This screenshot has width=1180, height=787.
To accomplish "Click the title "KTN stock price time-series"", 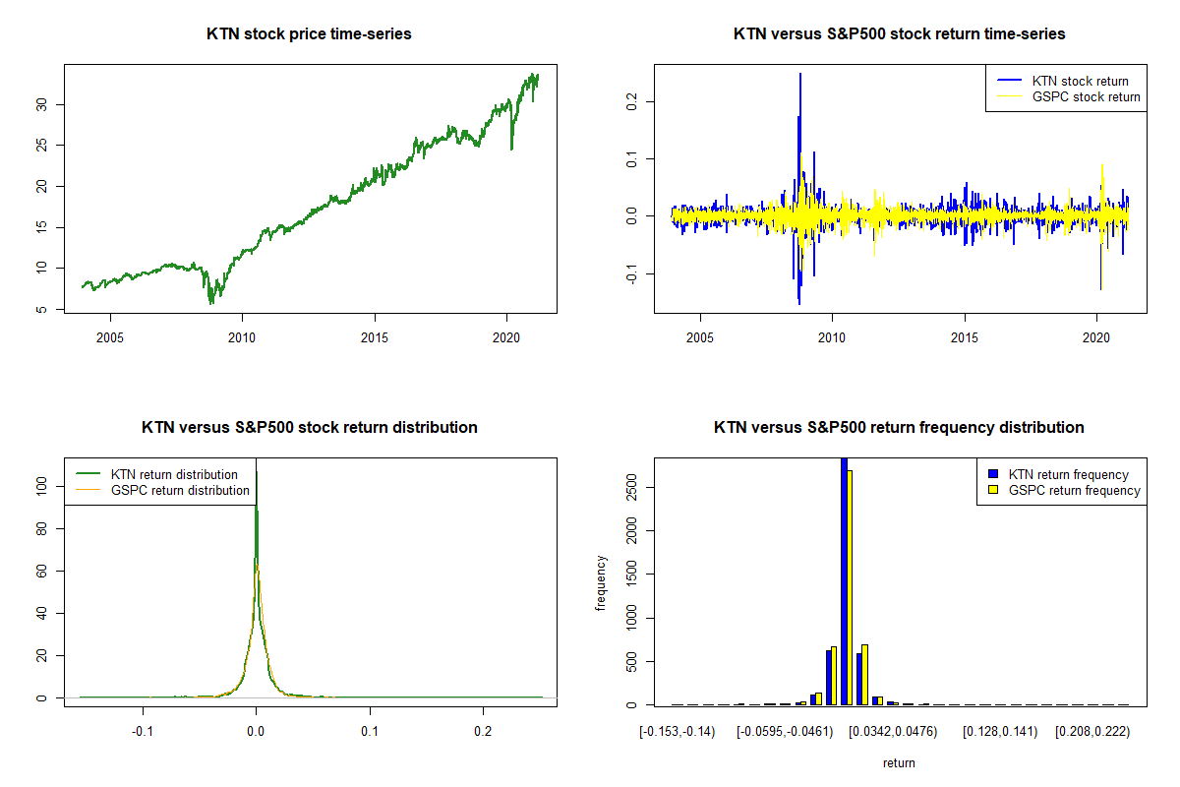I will click(x=309, y=34).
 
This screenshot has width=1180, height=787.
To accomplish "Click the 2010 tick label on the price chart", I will click(x=242, y=337).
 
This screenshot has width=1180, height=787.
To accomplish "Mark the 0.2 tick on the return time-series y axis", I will click(x=630, y=101).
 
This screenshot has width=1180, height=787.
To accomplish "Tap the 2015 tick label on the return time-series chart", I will click(x=965, y=337).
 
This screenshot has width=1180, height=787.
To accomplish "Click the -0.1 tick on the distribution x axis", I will click(x=144, y=732).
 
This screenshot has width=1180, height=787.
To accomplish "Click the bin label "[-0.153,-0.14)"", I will click(x=677, y=732).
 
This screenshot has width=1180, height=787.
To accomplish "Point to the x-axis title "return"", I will click(x=899, y=762).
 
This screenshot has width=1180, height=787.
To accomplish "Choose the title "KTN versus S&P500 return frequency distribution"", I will click(x=899, y=428).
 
